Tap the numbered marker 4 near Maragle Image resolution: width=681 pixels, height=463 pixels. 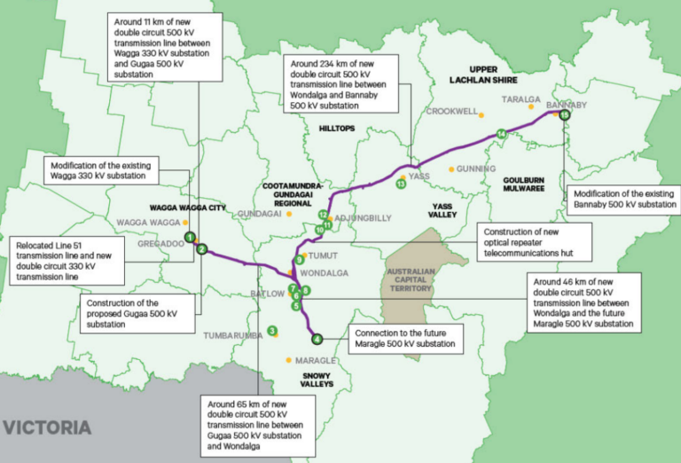point(317,338)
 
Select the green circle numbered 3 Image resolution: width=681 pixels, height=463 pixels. point(272,331)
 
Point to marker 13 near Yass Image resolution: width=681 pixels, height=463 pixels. point(401,184)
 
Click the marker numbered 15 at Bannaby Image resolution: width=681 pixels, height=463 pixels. point(564,114)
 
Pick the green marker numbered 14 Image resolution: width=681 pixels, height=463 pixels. point(501,134)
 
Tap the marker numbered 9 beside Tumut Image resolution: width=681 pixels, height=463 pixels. point(300,259)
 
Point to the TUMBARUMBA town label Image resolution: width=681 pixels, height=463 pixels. point(233,336)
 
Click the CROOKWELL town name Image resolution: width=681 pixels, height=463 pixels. point(452,112)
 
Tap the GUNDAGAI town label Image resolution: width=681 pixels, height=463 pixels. point(259,214)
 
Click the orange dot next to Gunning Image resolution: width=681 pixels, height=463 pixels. point(451,168)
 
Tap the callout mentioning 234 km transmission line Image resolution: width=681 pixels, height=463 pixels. point(342,84)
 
